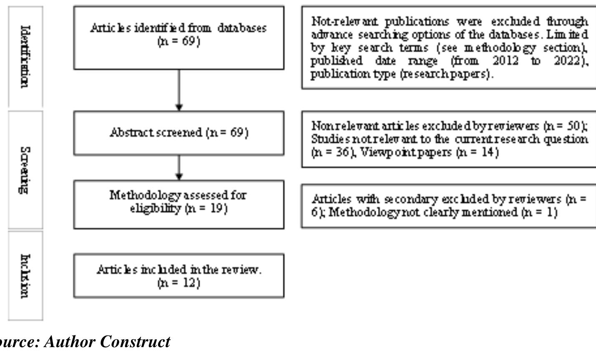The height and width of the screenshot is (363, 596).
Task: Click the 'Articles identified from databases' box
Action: coord(179,38)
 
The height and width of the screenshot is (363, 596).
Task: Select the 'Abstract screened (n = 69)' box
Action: coord(179,133)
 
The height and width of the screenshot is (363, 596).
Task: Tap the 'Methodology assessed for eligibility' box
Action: coord(179,204)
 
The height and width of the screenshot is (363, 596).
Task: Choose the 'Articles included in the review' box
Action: coord(179,275)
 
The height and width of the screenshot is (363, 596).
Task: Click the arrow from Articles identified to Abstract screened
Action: coord(179,90)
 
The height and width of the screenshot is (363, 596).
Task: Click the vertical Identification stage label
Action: coord(25,56)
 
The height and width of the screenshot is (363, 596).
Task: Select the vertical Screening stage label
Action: coord(25,170)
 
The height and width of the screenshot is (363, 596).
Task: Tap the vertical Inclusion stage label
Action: coord(25,275)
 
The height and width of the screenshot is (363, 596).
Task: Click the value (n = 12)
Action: coord(179,283)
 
